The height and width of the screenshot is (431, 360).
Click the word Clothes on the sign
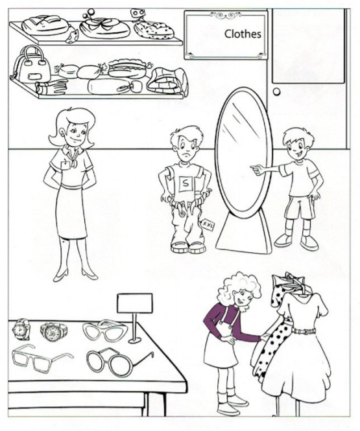tap(243, 34)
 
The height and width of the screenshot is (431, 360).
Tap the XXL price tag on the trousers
tap(208, 224)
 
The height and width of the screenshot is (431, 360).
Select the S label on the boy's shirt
tap(186, 183)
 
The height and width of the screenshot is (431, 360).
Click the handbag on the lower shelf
tap(30, 65)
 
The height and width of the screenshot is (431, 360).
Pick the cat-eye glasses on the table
tap(105, 329)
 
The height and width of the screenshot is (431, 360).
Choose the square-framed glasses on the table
tap(42, 358)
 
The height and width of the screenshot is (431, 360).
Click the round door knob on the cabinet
tap(277, 91)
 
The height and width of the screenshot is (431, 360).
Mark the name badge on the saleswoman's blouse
tap(65, 166)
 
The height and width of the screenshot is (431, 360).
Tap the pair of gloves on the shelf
tap(52, 86)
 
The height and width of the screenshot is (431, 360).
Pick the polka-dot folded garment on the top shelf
tap(154, 30)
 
